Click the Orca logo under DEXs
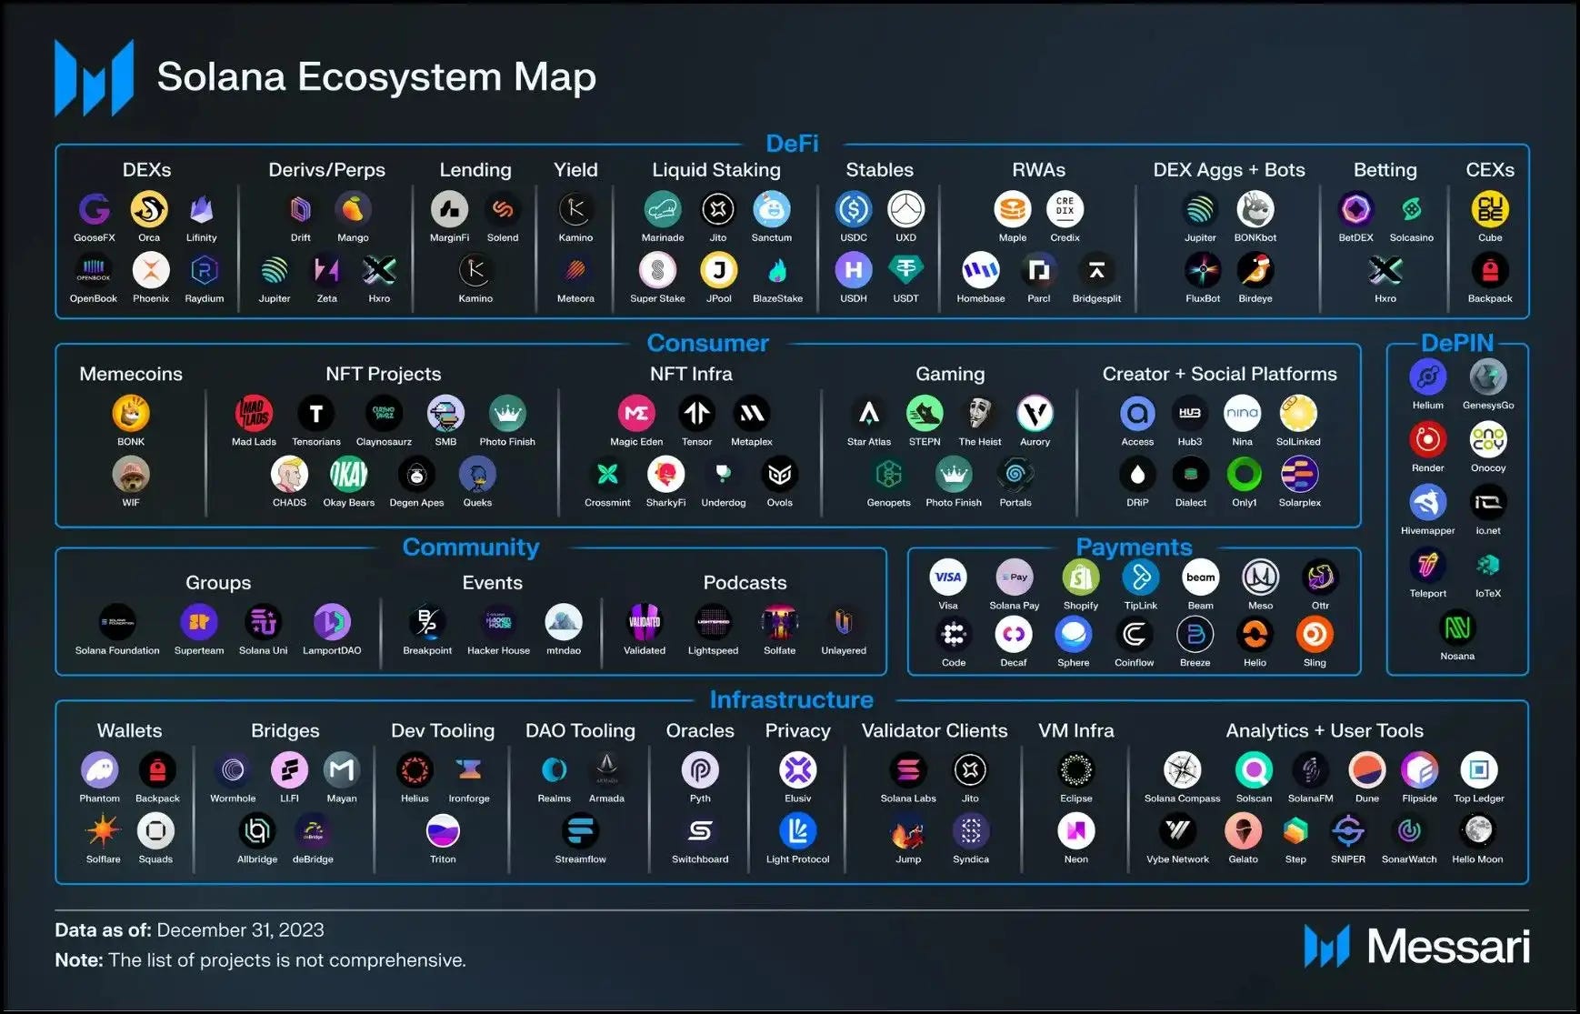tap(149, 209)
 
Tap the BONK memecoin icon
tap(131, 413)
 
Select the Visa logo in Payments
tap(947, 577)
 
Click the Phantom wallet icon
tap(99, 770)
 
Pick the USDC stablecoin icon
tap(854, 209)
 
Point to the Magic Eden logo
tap(636, 413)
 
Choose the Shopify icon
tap(1080, 577)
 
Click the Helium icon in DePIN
tap(1427, 376)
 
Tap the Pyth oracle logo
tap(700, 770)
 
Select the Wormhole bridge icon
tap(233, 770)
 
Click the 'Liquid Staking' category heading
tap(716, 170)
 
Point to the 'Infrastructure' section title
tap(791, 699)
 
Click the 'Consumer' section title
tap(707, 343)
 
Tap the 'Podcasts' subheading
tap(745, 583)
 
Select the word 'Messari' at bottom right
tap(1448, 947)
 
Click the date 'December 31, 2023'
tap(240, 930)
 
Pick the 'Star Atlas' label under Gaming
tap(869, 442)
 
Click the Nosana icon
tap(1457, 627)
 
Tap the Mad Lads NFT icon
tap(254, 413)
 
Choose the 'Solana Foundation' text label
tap(117, 651)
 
